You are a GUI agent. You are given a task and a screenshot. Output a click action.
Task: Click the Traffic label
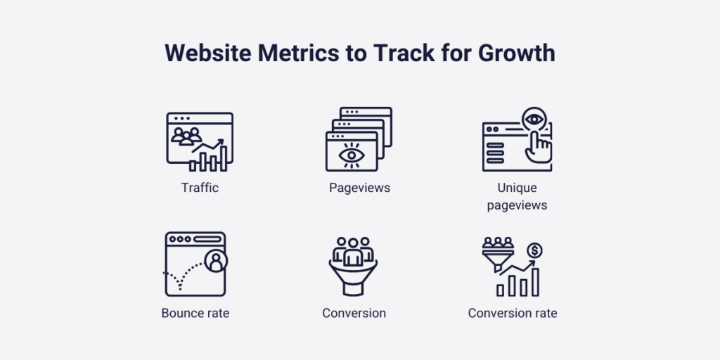tap(200, 188)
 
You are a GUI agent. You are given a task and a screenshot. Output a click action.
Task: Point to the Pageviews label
tap(359, 188)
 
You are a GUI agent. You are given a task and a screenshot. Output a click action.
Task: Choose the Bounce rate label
tap(195, 313)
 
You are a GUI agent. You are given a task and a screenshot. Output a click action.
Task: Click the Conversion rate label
tap(513, 313)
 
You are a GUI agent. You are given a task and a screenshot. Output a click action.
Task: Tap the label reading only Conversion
tap(354, 313)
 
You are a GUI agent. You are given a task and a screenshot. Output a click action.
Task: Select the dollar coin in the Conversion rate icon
tap(534, 250)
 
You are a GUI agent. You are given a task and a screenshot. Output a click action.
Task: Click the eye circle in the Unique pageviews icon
tap(534, 120)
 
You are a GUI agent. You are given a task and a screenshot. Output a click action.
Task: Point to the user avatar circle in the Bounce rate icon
tap(216, 262)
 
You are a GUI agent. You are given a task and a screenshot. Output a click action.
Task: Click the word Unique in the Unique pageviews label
tap(517, 188)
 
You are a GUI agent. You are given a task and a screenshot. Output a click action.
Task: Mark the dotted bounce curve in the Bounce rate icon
tap(181, 278)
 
